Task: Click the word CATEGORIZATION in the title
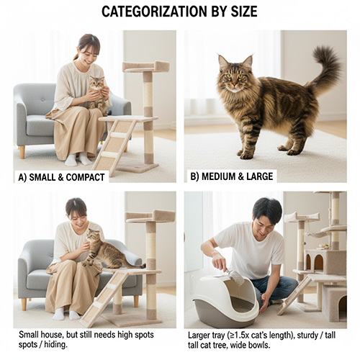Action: click(x=154, y=12)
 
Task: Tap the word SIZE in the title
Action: click(x=244, y=12)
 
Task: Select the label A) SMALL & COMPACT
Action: click(x=61, y=177)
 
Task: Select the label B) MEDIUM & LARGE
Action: click(x=232, y=176)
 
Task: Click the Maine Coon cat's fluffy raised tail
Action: click(x=324, y=66)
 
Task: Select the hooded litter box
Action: click(x=225, y=300)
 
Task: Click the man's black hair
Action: click(x=268, y=207)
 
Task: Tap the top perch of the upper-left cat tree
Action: click(x=146, y=67)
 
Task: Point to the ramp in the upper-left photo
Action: click(x=113, y=145)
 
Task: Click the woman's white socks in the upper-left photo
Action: click(x=78, y=159)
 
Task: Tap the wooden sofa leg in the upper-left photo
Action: click(x=22, y=152)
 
